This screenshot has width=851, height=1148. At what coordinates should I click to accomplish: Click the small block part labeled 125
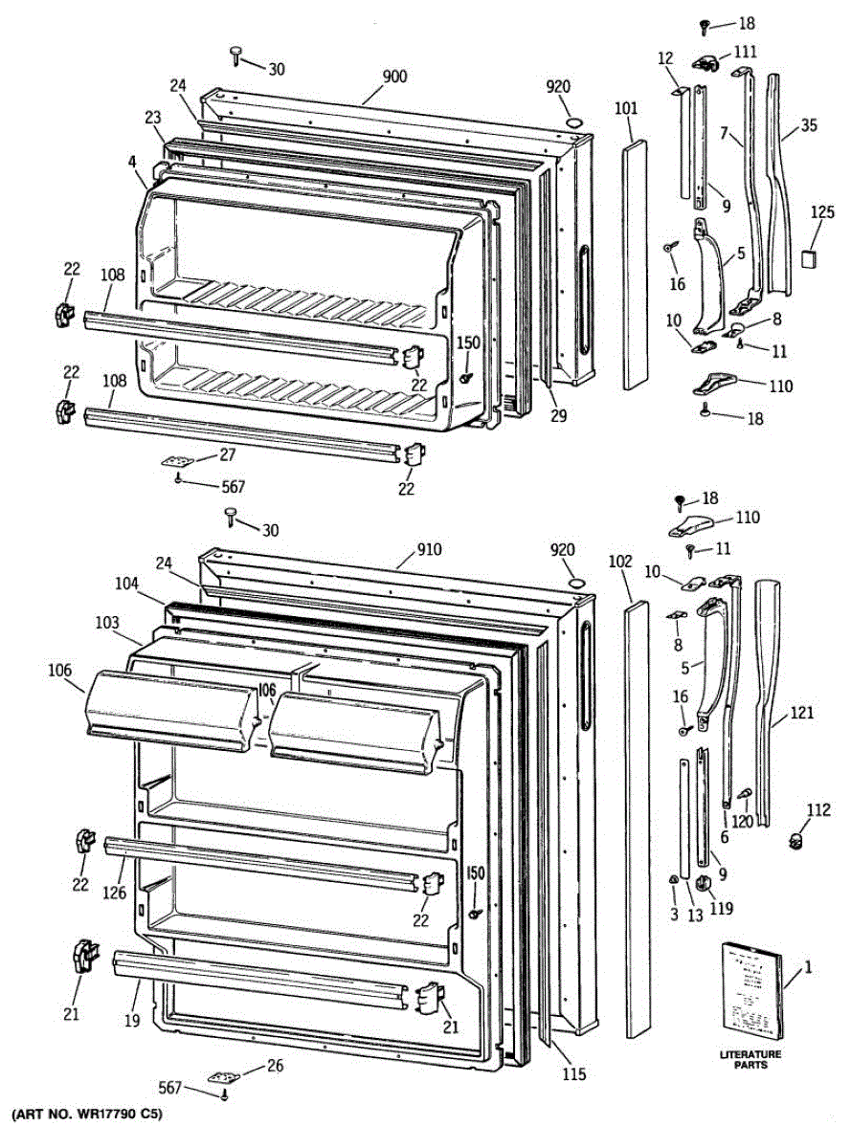click(x=809, y=256)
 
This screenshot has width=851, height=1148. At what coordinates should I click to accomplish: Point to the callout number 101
click(x=625, y=108)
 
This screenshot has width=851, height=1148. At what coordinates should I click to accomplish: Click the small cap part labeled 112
click(x=794, y=840)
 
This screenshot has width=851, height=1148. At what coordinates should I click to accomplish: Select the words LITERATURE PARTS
click(x=750, y=1059)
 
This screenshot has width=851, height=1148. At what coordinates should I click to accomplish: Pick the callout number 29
click(x=558, y=414)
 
